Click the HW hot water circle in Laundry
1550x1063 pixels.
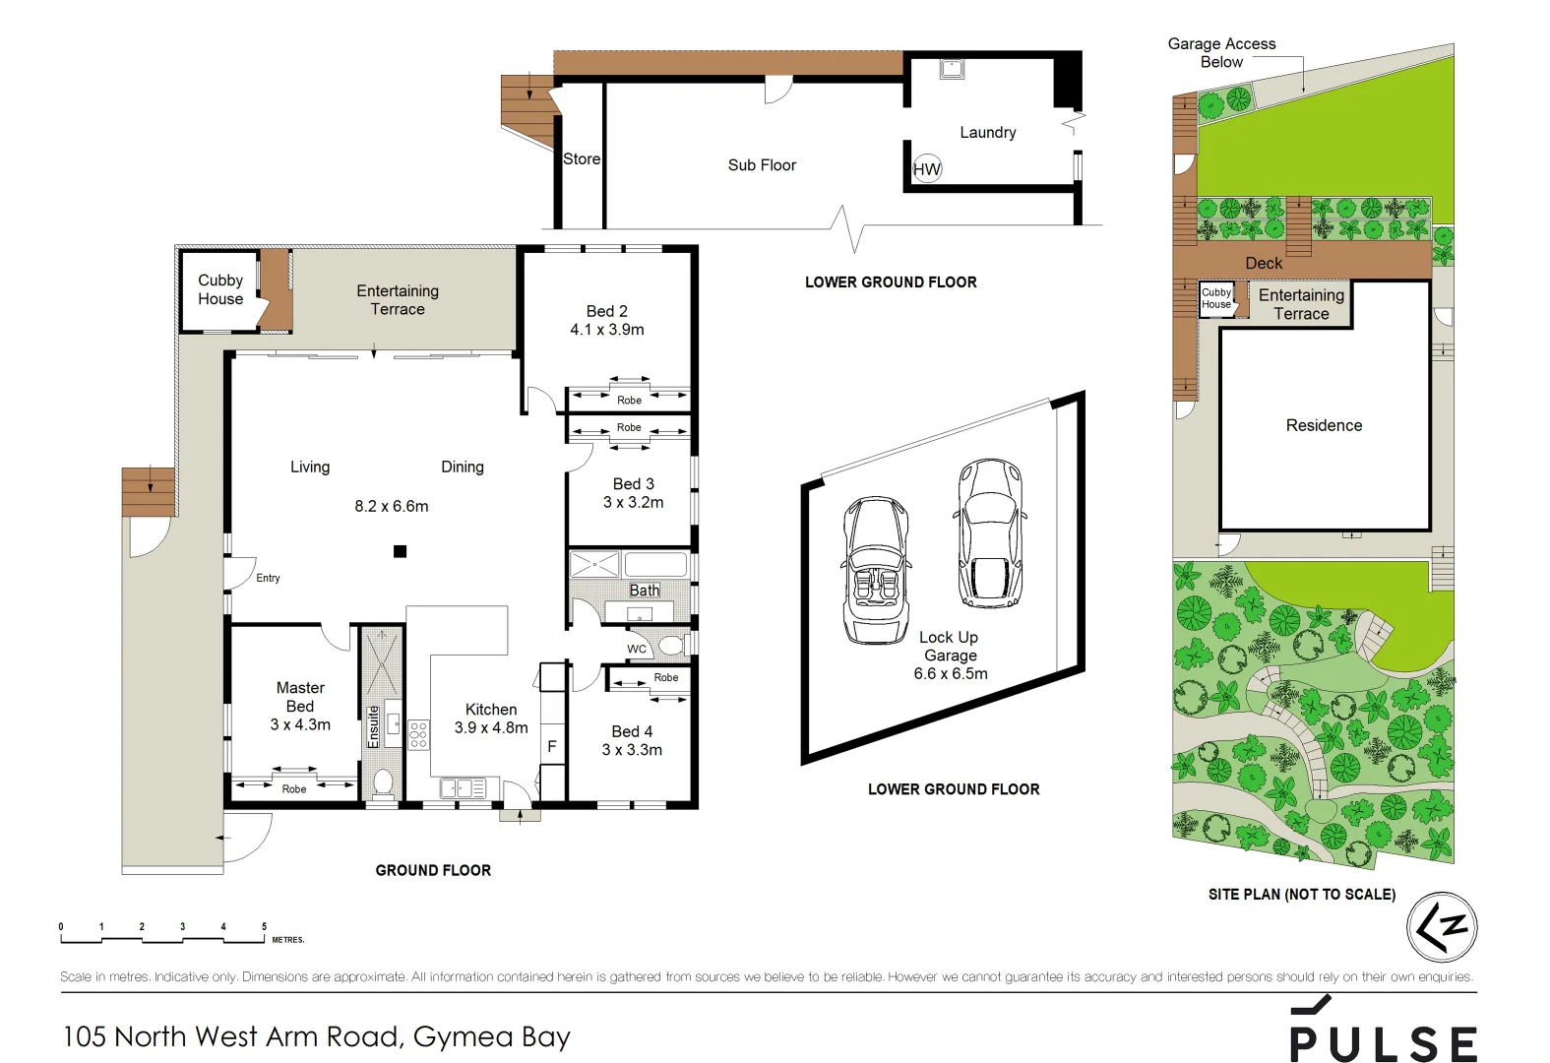tap(926, 168)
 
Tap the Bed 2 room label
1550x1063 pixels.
tap(606, 311)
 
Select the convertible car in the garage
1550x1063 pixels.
tap(875, 570)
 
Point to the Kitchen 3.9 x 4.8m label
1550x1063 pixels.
tap(490, 719)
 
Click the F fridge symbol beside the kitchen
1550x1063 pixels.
tap(551, 746)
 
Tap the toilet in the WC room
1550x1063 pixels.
tap(671, 646)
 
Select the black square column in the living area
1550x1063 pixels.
tap(400, 551)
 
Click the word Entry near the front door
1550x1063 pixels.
tap(268, 578)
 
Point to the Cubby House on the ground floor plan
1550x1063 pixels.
tap(220, 289)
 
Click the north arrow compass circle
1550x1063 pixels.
tap(1442, 927)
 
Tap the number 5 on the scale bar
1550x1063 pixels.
tap(264, 926)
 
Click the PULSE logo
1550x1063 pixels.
tap(1383, 1032)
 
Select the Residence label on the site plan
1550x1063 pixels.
tap(1324, 425)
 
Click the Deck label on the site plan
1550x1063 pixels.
tap(1264, 263)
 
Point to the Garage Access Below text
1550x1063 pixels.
tap(1221, 52)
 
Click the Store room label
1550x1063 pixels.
tap(581, 158)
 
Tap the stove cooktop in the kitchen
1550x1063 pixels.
tap(418, 734)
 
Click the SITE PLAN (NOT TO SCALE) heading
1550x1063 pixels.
tap(1301, 894)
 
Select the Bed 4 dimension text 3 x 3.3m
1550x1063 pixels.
tap(632, 749)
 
